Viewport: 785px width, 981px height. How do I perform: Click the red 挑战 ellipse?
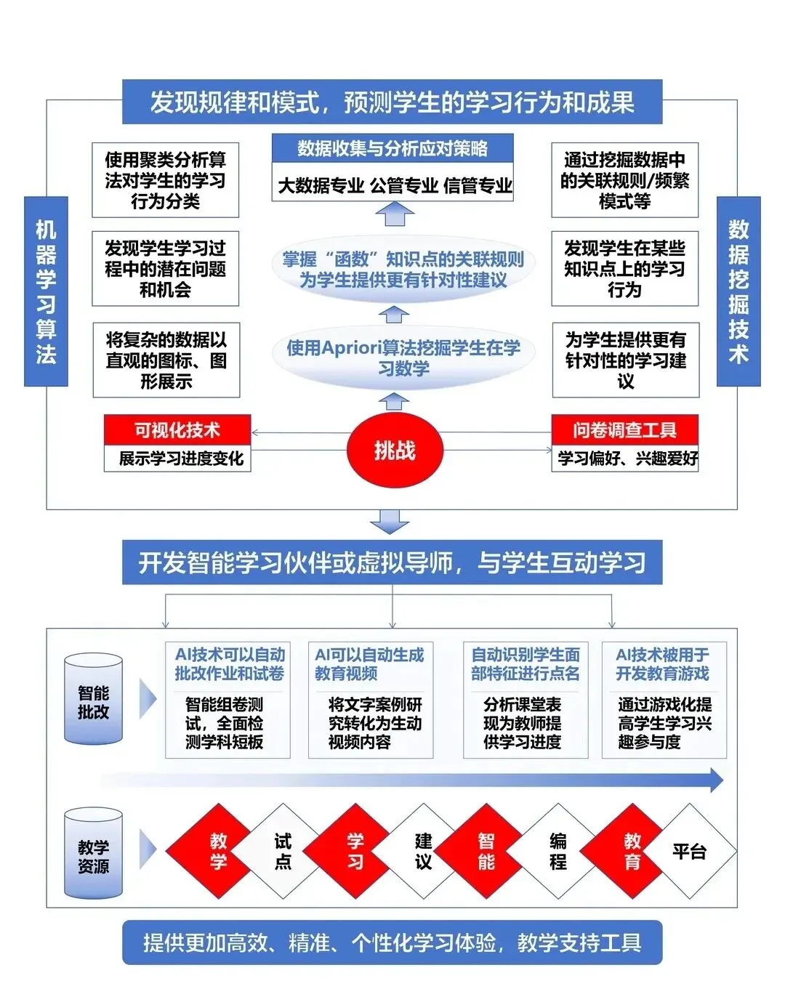[x=394, y=451]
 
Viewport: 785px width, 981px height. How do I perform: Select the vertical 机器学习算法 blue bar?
[x=46, y=291]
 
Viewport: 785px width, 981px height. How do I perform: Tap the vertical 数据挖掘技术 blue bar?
[x=738, y=291]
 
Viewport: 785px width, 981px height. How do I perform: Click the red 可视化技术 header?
[x=177, y=430]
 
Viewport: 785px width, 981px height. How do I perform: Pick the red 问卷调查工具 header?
[x=624, y=430]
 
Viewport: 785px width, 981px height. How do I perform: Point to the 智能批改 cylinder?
[x=93, y=701]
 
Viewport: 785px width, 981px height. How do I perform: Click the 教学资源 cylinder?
[x=93, y=855]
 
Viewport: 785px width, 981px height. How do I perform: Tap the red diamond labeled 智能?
[x=486, y=851]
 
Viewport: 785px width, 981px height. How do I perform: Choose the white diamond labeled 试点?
[x=282, y=851]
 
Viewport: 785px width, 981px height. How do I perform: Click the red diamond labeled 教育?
[x=631, y=851]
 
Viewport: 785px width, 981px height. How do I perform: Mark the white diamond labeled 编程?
[x=557, y=851]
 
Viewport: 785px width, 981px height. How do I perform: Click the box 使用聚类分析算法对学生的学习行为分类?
[x=165, y=180]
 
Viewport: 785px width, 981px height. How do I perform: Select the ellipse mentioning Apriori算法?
[x=403, y=358]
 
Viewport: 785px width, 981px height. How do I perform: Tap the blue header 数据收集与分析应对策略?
[x=392, y=148]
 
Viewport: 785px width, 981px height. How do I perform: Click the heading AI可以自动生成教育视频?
[x=369, y=664]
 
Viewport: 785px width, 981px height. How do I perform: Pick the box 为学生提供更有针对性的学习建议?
[x=625, y=360]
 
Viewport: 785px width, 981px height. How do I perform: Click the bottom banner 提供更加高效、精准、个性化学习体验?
[x=392, y=942]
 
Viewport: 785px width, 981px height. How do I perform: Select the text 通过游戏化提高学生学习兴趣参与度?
[x=664, y=723]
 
